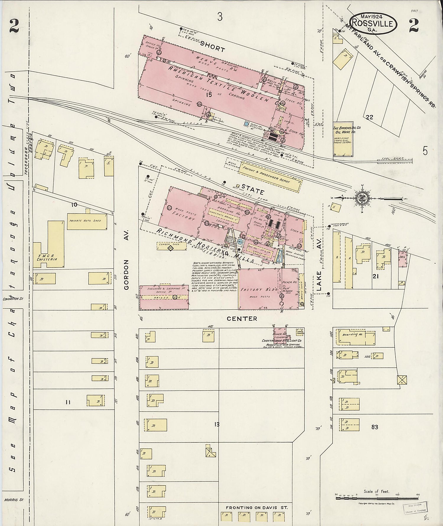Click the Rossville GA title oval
click(373, 23)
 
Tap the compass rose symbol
click(361, 198)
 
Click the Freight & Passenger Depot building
click(270, 176)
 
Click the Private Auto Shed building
click(87, 221)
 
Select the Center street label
click(242, 318)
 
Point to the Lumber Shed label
click(169, 245)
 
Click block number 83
click(375, 427)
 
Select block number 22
click(369, 117)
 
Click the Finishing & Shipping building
click(164, 297)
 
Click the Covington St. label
click(13, 299)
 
